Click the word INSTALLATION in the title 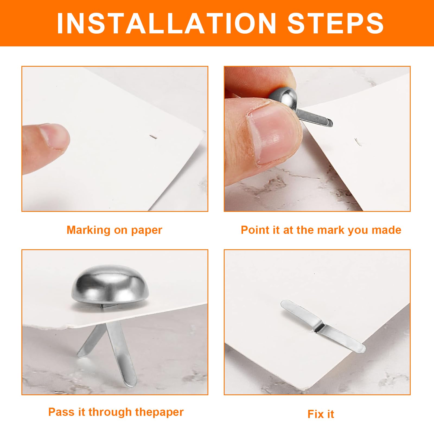[167, 23]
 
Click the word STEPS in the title [335, 23]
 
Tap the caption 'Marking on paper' [114, 230]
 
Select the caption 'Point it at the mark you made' [321, 230]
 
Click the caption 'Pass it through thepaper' [116, 412]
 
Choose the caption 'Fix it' [321, 414]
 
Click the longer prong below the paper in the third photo [121, 353]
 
